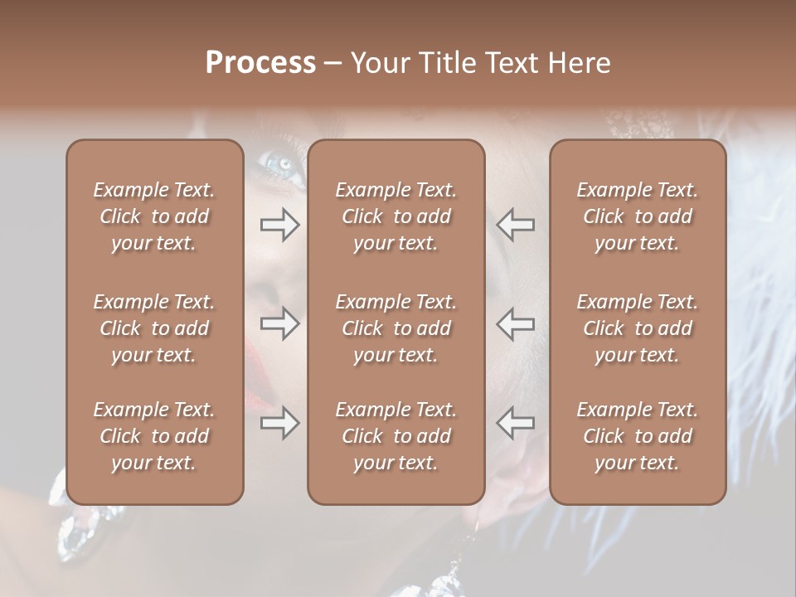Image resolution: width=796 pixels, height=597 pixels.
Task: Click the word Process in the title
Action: [x=260, y=63]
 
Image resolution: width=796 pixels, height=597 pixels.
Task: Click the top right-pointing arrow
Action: [x=280, y=225]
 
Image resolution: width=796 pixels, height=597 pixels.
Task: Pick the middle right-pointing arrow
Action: [x=280, y=323]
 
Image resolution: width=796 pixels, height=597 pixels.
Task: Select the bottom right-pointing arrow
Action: [x=280, y=423]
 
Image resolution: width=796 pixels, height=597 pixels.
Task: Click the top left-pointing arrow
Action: [x=516, y=225]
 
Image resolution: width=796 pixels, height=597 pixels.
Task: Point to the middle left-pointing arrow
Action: [x=516, y=323]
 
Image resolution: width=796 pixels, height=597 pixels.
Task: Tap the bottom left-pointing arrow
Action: [x=516, y=423]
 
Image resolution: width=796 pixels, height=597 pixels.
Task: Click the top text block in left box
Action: [x=154, y=216]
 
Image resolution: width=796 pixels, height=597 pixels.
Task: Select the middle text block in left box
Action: [x=154, y=328]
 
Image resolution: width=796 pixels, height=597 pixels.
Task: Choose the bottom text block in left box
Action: [x=154, y=436]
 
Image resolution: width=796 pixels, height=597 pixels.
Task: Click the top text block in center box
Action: [x=396, y=216]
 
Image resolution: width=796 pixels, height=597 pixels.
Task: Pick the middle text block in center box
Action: [x=396, y=328]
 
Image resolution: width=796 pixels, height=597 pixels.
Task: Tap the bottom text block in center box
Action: [x=396, y=436]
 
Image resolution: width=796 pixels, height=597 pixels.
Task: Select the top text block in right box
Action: [x=637, y=216]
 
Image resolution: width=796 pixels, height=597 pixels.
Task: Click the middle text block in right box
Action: [x=637, y=328]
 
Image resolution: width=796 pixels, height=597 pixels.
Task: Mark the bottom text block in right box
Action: [x=637, y=436]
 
